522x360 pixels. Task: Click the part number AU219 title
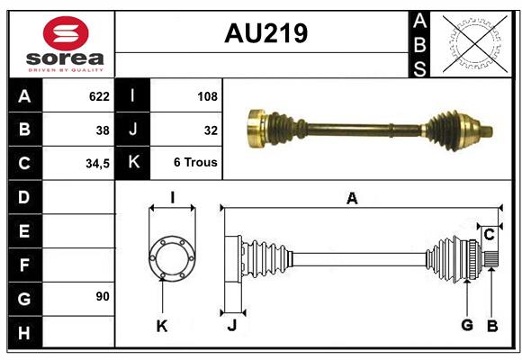point(265,33)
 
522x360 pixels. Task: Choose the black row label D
point(24,196)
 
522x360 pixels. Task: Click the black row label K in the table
point(133,164)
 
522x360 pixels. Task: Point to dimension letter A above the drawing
point(352,199)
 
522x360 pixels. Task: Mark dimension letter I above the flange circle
point(171,198)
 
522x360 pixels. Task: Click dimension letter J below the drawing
point(231,326)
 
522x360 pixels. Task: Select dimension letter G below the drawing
point(467,326)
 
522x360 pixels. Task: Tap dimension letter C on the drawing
point(489,235)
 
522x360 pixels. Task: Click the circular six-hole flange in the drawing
point(171,257)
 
